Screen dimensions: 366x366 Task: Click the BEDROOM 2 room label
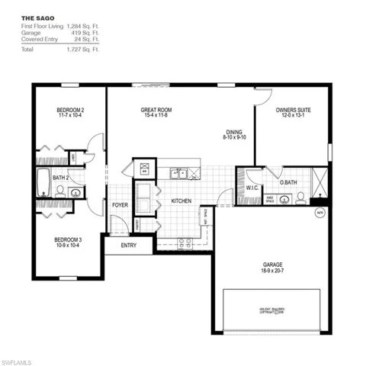[x=70, y=111]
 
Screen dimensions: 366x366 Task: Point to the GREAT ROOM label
[x=154, y=111]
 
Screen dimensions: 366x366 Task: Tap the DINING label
[x=233, y=131]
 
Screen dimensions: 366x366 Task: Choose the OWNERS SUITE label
[x=293, y=111]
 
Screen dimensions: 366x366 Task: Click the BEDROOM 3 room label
[x=69, y=241]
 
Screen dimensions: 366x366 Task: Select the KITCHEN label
[x=181, y=201]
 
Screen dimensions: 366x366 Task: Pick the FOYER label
[x=120, y=204]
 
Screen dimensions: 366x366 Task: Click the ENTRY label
[x=128, y=246]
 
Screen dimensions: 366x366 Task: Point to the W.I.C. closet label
[x=253, y=188]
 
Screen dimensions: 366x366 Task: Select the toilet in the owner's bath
[x=300, y=198]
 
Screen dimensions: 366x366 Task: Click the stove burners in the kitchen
[x=184, y=243]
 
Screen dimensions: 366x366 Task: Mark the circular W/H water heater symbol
[x=319, y=213]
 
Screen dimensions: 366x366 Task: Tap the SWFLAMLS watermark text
[x=21, y=358]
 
